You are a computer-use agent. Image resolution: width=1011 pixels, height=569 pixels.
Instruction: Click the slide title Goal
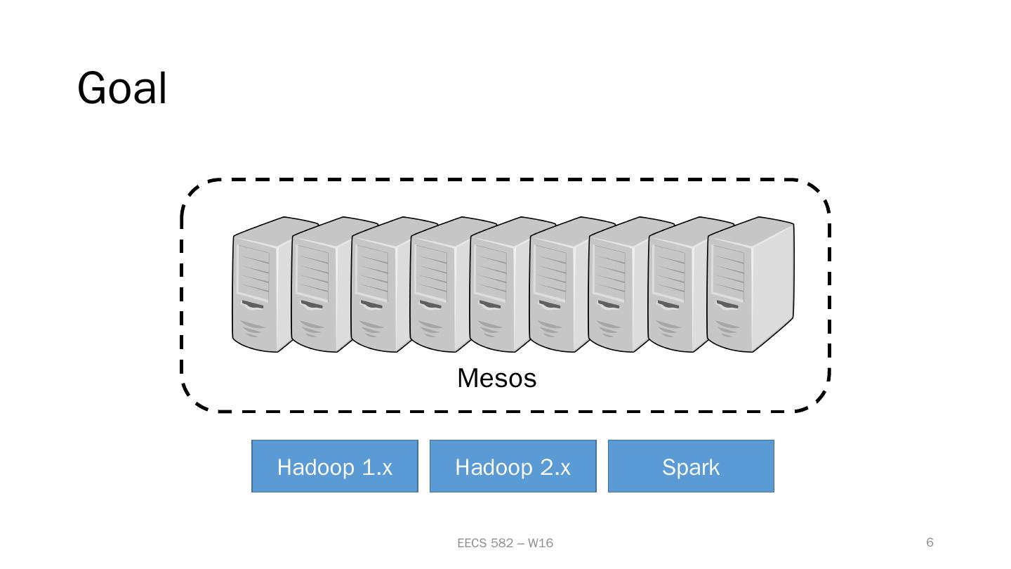click(x=122, y=89)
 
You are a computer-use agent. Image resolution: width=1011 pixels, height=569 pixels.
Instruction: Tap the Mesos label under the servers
click(x=496, y=379)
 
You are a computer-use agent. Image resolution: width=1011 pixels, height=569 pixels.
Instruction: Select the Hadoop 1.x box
click(x=335, y=466)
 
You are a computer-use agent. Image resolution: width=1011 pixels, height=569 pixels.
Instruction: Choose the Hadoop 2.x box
click(x=513, y=466)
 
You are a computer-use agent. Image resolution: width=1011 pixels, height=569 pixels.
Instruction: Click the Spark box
click(x=691, y=466)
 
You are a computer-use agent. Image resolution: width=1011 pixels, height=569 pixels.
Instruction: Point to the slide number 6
click(x=930, y=542)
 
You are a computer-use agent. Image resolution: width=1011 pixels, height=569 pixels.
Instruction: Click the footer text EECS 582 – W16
click(x=505, y=543)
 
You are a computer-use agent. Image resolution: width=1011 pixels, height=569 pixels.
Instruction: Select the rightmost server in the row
click(x=750, y=284)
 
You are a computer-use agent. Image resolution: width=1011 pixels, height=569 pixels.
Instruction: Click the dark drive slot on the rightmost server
click(x=727, y=304)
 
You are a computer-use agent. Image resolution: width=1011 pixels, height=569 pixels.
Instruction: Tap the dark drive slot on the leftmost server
click(x=253, y=304)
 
